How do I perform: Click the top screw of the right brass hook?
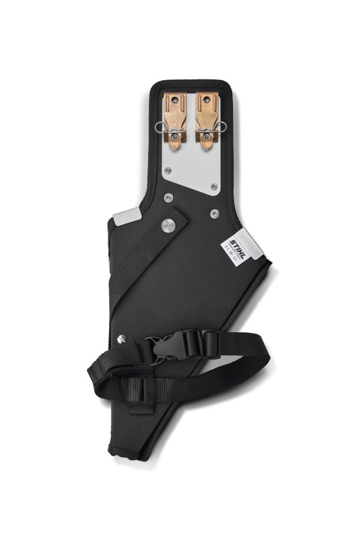pos(207,100)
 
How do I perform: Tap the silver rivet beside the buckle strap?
pos(122,339)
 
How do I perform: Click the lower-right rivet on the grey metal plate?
pos(214,187)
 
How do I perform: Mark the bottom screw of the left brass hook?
pos(176,136)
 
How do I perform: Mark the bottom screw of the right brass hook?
pos(207,136)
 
